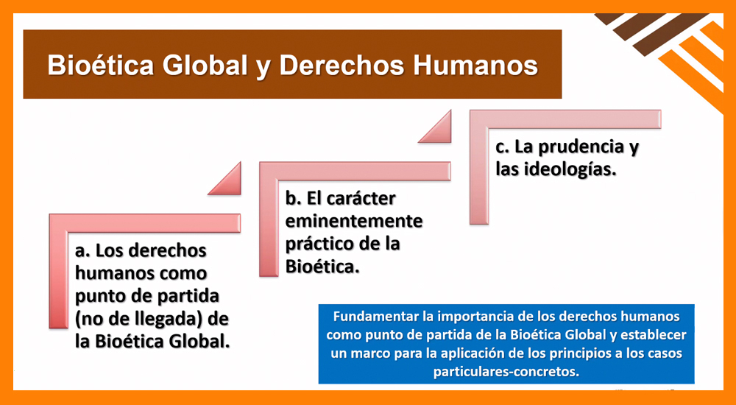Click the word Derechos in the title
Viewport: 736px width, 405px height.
[342, 66]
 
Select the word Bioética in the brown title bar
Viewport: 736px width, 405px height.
[101, 66]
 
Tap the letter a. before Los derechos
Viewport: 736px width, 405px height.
[82, 251]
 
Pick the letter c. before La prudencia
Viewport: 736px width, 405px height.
[503, 149]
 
